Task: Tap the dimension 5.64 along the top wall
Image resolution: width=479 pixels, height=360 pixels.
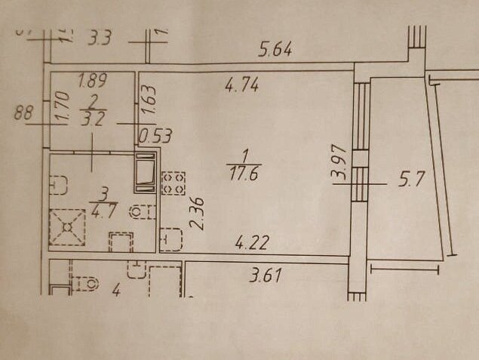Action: pos(275,51)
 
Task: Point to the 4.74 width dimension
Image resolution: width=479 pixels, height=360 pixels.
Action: pos(242,85)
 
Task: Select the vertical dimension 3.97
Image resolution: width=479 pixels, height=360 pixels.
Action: pos(339,161)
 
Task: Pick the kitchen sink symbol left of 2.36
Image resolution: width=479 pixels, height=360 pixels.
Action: pos(171,239)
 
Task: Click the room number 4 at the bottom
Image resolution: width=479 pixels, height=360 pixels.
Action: pos(117,288)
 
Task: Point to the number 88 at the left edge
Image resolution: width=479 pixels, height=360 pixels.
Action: pos(25,114)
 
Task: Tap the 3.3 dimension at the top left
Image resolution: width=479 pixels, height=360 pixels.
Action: pos(99,37)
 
